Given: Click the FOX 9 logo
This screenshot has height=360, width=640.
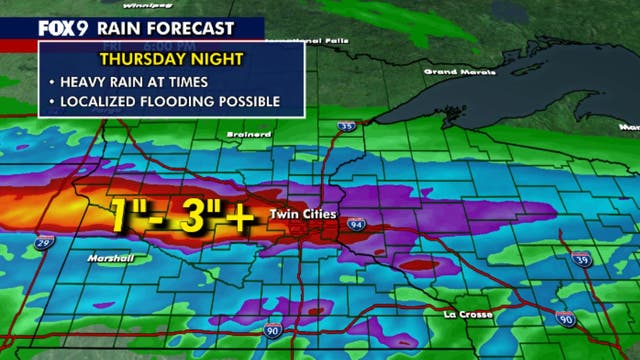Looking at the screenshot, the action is (32, 29).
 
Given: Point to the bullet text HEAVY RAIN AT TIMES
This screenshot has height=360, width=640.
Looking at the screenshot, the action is (136, 82).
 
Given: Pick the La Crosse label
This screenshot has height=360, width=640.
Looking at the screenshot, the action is (468, 315).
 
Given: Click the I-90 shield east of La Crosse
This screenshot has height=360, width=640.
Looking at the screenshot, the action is (566, 320).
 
